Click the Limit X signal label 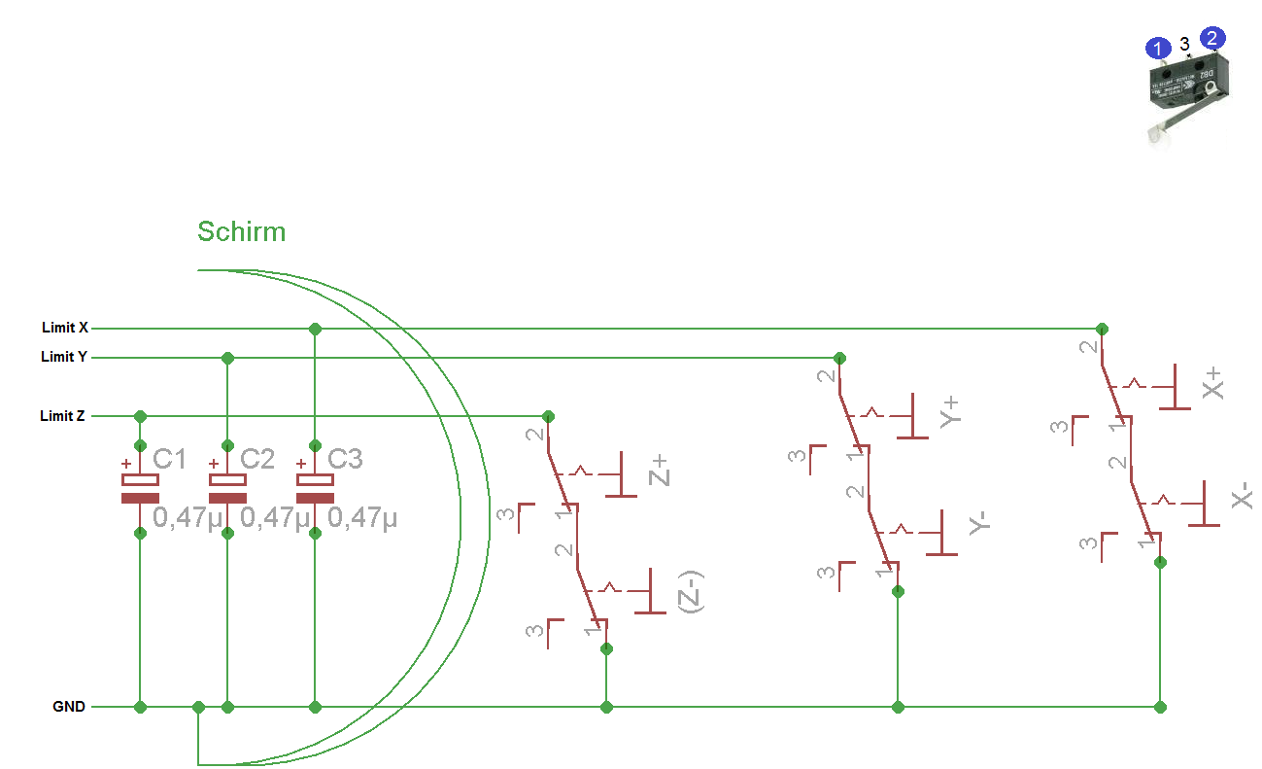[x=65, y=328]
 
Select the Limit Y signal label [x=64, y=357]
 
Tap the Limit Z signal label [x=62, y=416]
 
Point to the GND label [x=69, y=707]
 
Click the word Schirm [x=241, y=231]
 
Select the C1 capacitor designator [x=169, y=459]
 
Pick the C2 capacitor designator [x=256, y=459]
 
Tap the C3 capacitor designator [x=345, y=459]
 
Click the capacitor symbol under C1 [x=140, y=489]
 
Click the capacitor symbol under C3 [x=315, y=489]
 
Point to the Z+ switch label [x=660, y=471]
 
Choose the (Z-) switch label [x=691, y=590]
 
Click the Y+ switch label [x=950, y=410]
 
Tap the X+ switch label [x=1212, y=383]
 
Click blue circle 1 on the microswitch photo [x=1157, y=48]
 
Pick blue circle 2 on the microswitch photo [x=1212, y=39]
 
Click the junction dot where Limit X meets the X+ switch [x=1101, y=329]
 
